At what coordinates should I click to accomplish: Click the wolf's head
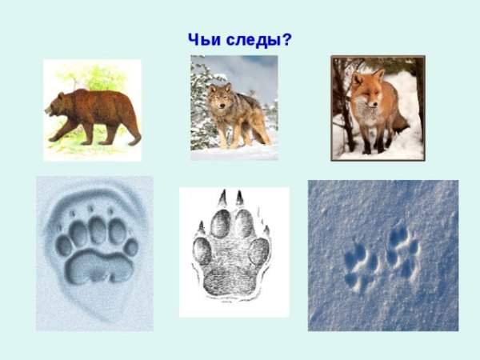218,100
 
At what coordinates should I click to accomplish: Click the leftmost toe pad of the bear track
63,245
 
